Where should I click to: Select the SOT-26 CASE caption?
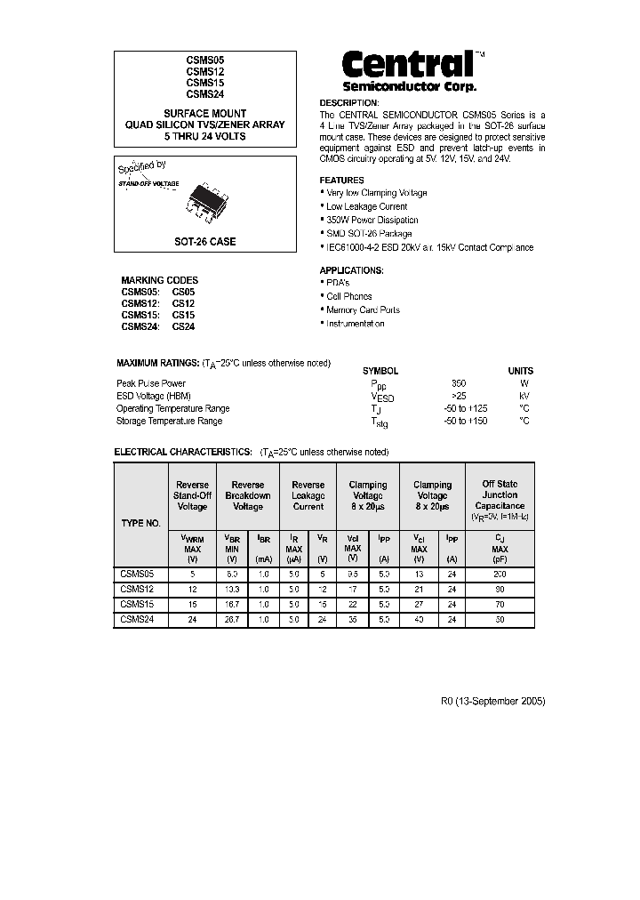pos(204,241)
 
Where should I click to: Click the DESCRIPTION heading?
pos(348,102)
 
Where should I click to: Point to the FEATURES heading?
pos(342,180)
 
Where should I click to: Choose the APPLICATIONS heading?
pos(351,269)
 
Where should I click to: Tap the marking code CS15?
pos(183,315)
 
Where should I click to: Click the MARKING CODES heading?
pos(159,280)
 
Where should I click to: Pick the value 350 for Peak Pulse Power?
pos(459,383)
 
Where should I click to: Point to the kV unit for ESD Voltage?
pos(524,396)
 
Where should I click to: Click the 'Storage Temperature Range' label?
pos(169,421)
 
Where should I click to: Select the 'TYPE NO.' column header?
pos(140,523)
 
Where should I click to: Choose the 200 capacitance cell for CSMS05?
pos(500,575)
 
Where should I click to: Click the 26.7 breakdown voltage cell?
pos(232,619)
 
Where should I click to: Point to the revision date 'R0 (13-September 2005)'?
pos(492,701)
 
